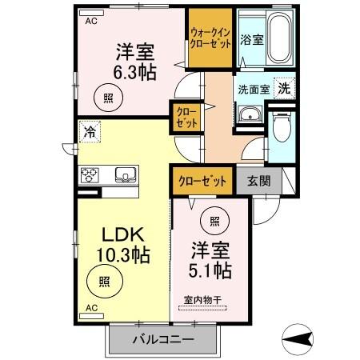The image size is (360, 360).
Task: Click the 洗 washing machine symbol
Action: coord(282,90)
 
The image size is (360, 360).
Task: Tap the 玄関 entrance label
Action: coord(258,181)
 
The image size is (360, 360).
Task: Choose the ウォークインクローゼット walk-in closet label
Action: coord(210,38)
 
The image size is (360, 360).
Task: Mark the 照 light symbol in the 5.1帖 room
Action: coord(215,221)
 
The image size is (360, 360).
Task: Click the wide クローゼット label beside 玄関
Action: coord(203,181)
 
